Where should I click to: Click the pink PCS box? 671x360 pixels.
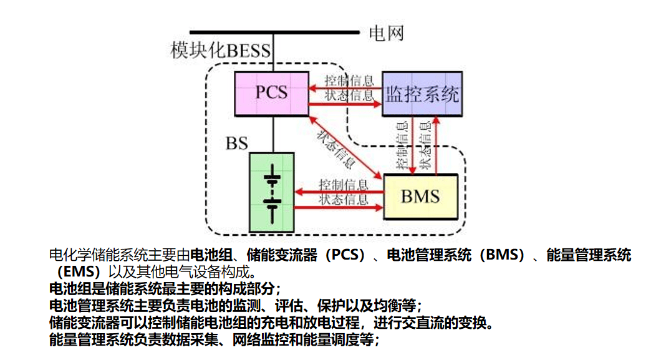[x=271, y=93]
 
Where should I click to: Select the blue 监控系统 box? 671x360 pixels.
[x=422, y=94]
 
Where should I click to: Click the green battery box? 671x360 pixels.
[x=271, y=192]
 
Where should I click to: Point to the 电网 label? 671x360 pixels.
[x=386, y=32]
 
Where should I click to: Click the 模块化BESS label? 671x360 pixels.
[x=221, y=51]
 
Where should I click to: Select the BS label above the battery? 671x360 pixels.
[x=236, y=143]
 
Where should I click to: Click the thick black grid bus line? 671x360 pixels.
[x=274, y=32]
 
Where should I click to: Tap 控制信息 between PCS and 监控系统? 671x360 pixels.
[x=349, y=81]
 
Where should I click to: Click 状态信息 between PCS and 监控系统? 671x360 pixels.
[x=349, y=95]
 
